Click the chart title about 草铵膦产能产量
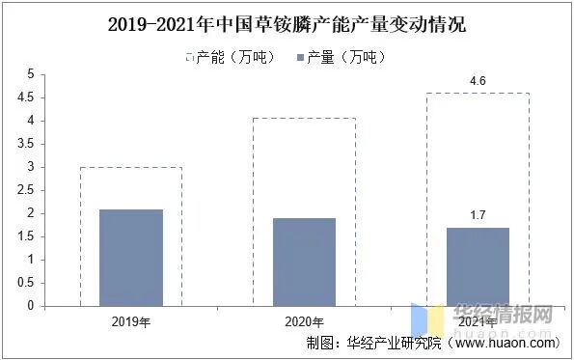click(x=287, y=22)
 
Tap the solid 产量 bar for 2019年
click(x=131, y=257)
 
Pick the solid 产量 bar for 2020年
click(x=304, y=262)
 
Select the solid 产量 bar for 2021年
click(x=478, y=266)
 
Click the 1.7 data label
click(x=478, y=214)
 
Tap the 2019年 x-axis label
click(x=131, y=322)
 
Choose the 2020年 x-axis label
click(x=304, y=322)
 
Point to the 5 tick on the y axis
click(x=31, y=74)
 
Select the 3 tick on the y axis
click(x=31, y=167)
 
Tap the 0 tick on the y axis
click(x=31, y=306)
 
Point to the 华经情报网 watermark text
click(x=502, y=315)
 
